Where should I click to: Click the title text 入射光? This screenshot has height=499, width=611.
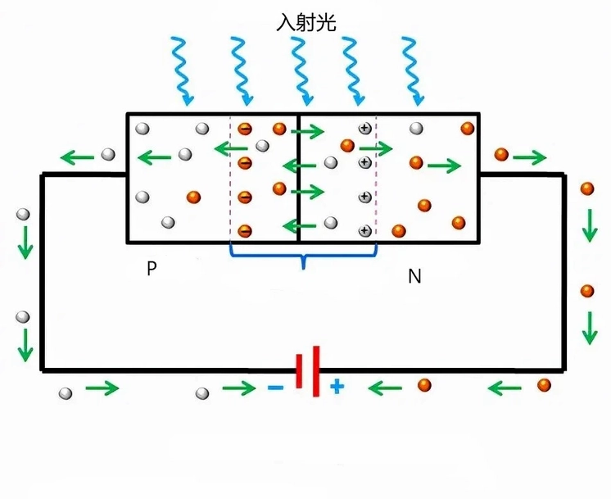click(x=306, y=21)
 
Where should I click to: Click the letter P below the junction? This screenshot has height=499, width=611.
click(x=152, y=269)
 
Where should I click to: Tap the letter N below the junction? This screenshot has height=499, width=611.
click(x=414, y=276)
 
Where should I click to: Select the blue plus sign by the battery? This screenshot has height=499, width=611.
click(x=337, y=387)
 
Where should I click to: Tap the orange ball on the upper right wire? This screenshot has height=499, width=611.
click(x=501, y=154)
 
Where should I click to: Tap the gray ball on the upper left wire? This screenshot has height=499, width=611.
click(x=107, y=154)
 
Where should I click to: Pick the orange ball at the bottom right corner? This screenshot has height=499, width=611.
click(x=544, y=384)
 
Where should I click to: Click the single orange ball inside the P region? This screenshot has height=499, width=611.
click(x=193, y=197)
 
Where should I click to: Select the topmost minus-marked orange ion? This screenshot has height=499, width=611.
click(x=244, y=129)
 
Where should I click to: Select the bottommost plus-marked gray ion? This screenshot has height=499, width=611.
click(x=364, y=230)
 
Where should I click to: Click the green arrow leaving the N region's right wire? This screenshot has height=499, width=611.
click(x=531, y=157)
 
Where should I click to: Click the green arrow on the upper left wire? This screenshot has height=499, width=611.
click(x=78, y=157)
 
